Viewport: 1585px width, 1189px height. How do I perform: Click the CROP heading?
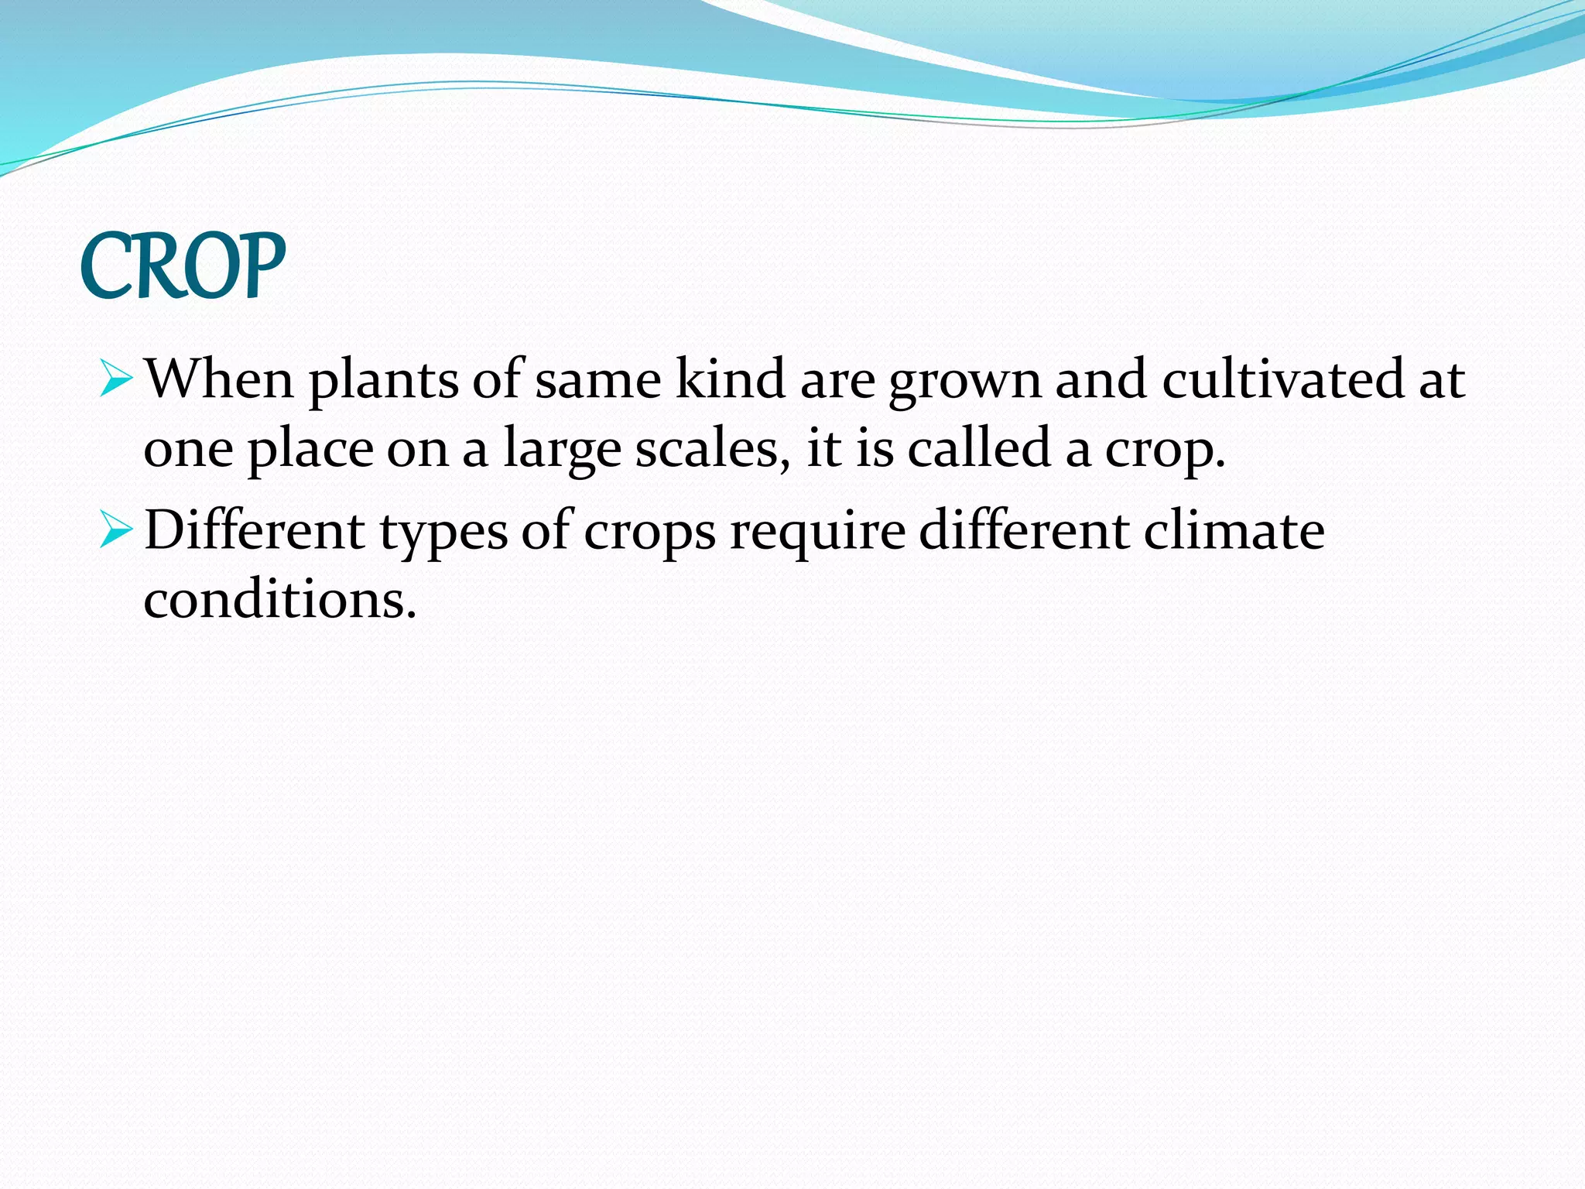point(183,266)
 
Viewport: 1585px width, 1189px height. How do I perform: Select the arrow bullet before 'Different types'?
point(116,531)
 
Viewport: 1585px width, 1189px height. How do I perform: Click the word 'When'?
point(219,379)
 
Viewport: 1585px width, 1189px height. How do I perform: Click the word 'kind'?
point(731,379)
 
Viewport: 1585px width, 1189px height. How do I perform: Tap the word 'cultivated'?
point(1282,379)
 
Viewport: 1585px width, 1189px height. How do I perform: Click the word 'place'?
point(310,451)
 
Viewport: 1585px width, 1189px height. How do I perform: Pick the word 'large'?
point(562,451)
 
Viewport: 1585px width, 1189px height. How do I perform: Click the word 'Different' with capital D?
point(255,531)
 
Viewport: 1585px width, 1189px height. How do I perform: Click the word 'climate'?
point(1234,531)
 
